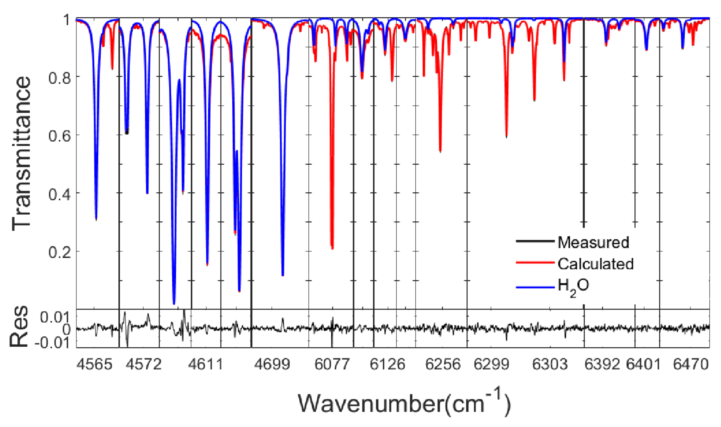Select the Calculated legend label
(x=595, y=264)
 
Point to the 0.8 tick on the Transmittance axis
(x=60, y=78)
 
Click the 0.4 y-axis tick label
(x=60, y=195)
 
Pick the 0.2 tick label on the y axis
(x=60, y=253)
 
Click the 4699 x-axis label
(x=272, y=365)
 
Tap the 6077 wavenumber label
(x=332, y=365)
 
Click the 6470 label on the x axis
(x=691, y=365)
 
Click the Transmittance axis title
(x=22, y=154)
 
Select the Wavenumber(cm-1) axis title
(x=404, y=403)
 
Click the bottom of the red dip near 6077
(x=332, y=248)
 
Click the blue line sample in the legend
(x=535, y=287)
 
